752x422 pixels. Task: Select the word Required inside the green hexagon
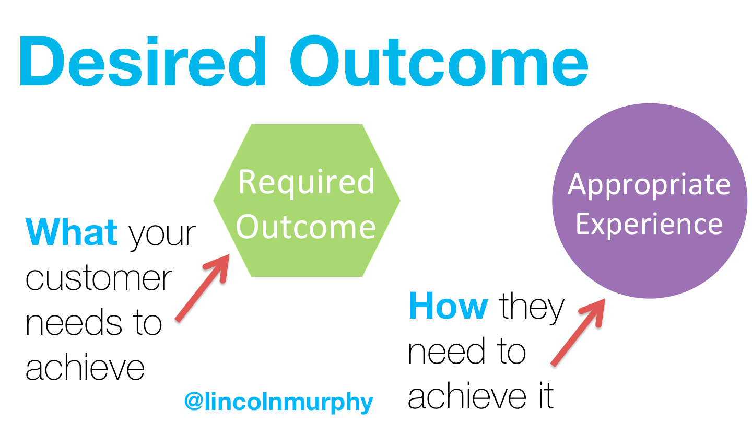[307, 181]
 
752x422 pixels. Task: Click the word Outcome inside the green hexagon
[308, 227]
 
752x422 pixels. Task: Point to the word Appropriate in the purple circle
[649, 185]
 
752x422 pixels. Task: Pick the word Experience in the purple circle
[649, 224]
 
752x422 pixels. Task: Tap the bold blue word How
[448, 307]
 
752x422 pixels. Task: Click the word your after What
[162, 234]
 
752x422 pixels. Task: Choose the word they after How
[532, 308]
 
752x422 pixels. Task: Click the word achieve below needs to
[85, 367]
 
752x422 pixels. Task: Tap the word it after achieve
[543, 396]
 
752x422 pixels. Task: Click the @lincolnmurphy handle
[279, 402]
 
